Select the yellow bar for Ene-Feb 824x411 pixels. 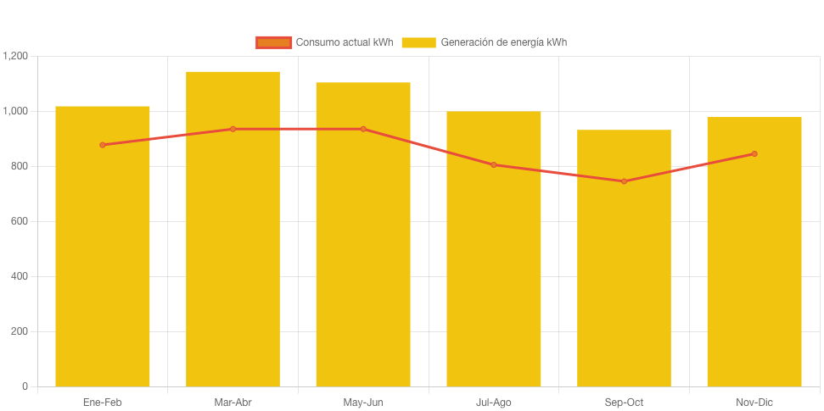pos(103,254)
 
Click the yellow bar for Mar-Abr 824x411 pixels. pos(233,254)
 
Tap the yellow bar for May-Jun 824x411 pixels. pos(363,254)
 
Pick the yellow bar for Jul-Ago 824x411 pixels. pos(494,254)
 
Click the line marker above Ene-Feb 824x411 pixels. pos(103,145)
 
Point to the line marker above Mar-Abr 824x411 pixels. pos(233,129)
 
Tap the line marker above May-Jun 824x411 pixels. pos(363,129)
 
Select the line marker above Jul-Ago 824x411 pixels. pos(494,164)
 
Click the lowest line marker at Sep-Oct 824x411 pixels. pos(624,181)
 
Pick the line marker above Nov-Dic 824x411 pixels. pos(754,153)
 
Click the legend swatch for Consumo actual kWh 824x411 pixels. pos(273,42)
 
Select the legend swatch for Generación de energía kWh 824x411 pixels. pos(418,42)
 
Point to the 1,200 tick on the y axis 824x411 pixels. pos(15,56)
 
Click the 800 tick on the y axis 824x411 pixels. pos(19,166)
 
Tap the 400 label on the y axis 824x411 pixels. pos(19,276)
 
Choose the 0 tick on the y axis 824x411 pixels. pos(25,386)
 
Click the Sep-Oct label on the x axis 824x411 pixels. pos(624,403)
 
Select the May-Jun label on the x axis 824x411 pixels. pos(363,403)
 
